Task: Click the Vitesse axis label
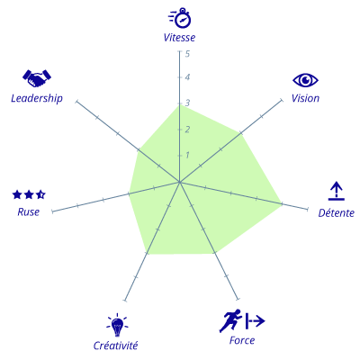coord(179,38)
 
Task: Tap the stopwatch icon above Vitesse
coord(180,18)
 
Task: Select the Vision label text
coord(305,98)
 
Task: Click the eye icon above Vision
coord(305,80)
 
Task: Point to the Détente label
coord(337,212)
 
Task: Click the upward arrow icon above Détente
coord(337,191)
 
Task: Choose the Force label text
coord(242,340)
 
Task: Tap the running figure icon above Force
coord(230,320)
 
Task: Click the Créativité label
coord(115,346)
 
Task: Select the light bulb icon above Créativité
coord(117,325)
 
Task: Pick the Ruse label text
coord(29,211)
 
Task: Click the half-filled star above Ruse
coord(40,194)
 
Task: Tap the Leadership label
coord(37,98)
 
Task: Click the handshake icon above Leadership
coord(37,78)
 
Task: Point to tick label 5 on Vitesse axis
coord(187,54)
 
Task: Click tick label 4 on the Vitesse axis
coord(187,77)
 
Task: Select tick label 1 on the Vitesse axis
coord(187,155)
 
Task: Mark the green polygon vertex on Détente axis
coord(282,204)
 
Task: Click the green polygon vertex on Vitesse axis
coord(179,104)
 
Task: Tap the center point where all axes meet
coord(179,182)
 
